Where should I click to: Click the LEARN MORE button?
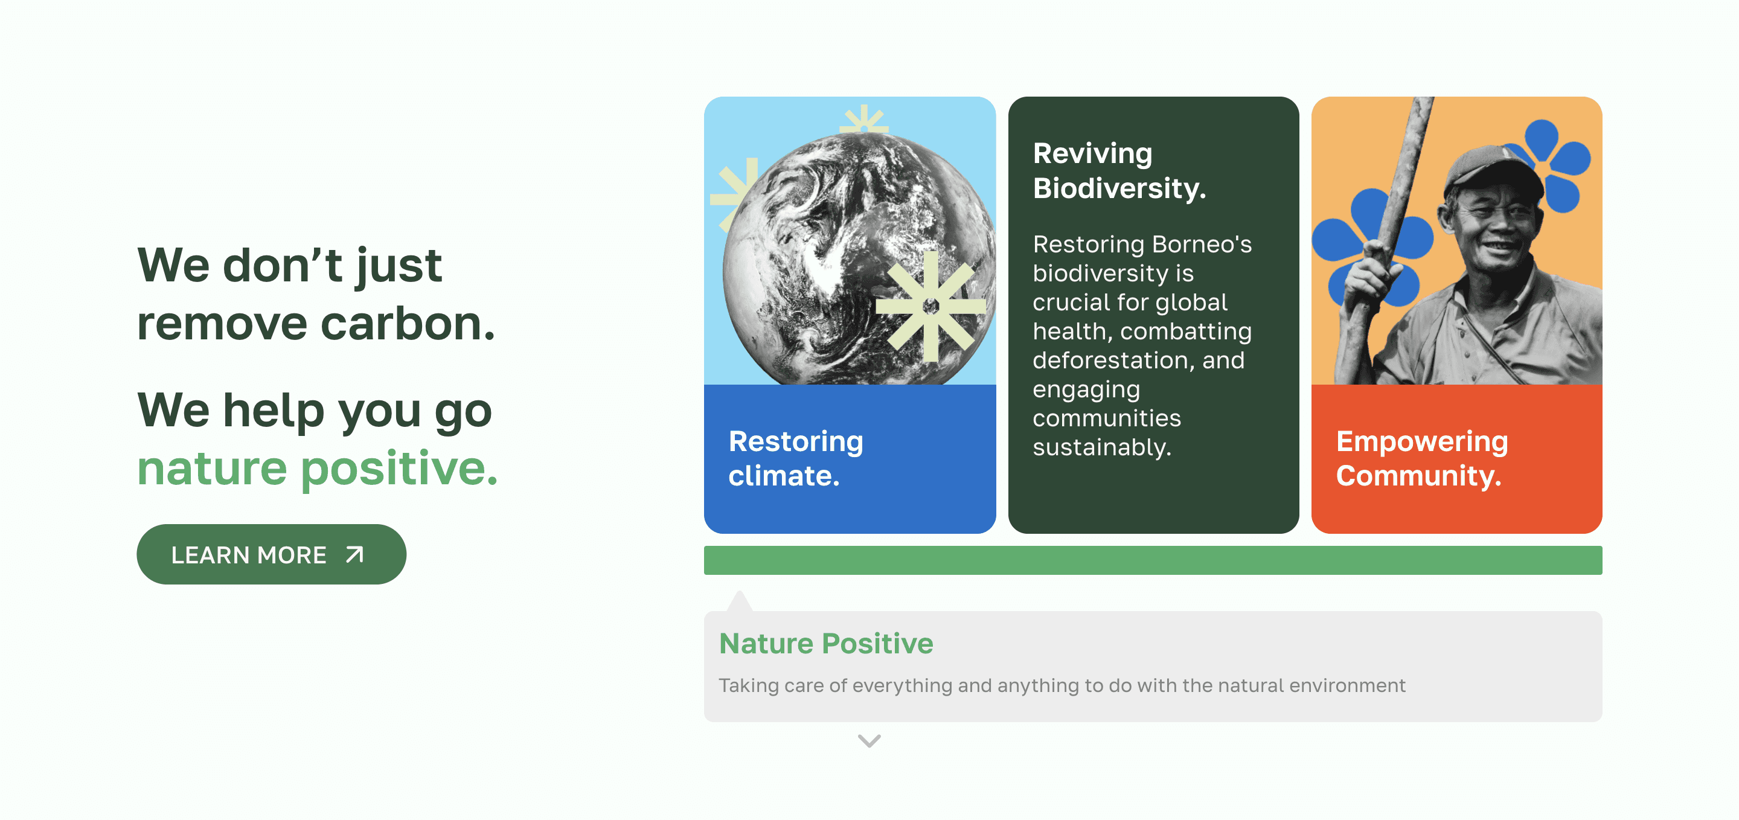tap(271, 554)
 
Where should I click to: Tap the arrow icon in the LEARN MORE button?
tap(354, 555)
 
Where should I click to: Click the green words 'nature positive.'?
tap(317, 469)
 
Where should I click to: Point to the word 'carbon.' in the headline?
tap(408, 324)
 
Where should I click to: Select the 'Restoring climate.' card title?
tap(796, 458)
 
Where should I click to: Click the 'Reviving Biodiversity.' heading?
tap(1119, 171)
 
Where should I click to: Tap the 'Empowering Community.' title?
tap(1422, 458)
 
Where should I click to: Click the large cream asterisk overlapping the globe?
tap(931, 306)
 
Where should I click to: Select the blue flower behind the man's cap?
tap(1552, 162)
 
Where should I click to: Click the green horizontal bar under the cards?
tap(1153, 560)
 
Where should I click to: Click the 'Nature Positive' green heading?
tap(826, 643)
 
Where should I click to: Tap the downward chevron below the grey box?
tap(869, 741)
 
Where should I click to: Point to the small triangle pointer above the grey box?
tap(740, 601)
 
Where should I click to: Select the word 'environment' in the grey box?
tap(1348, 686)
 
